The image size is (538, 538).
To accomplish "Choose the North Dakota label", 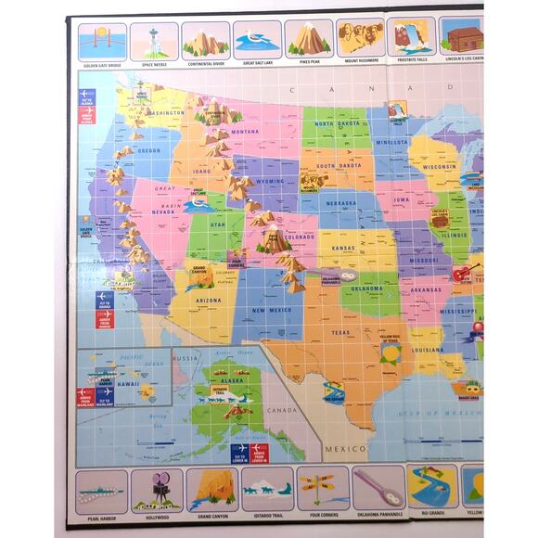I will tap(336, 124).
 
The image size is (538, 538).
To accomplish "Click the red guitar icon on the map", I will tap(464, 274).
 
